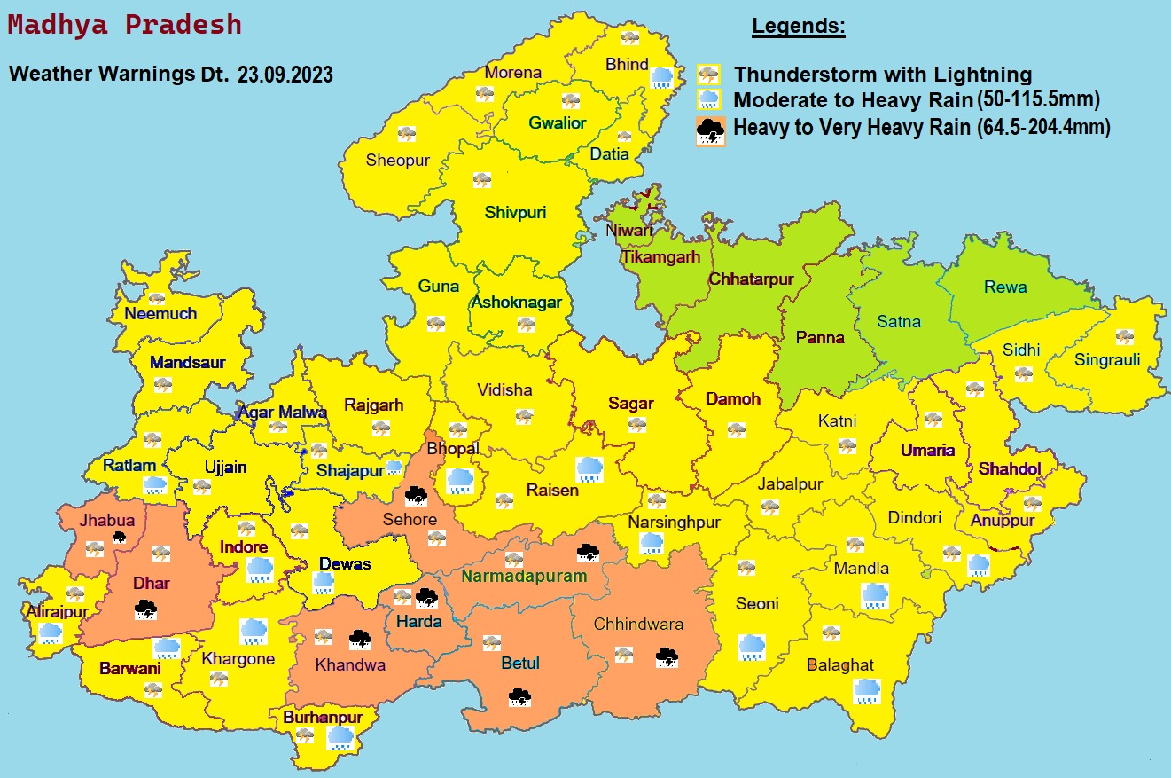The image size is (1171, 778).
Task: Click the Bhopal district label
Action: click(x=453, y=448)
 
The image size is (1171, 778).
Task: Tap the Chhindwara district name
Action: click(x=638, y=624)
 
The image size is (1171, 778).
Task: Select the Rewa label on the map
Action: click(x=1005, y=287)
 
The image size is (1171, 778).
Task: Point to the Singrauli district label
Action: click(x=1107, y=359)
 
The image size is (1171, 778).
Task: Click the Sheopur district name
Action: click(x=397, y=161)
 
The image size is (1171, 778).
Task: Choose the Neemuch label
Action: click(x=160, y=313)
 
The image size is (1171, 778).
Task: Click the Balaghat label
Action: click(x=839, y=664)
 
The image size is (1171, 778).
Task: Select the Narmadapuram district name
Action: click(x=524, y=576)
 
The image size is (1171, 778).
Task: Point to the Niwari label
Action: click(x=628, y=230)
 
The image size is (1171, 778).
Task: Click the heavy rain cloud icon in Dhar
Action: click(x=145, y=609)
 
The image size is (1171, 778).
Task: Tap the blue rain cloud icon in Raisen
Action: click(x=590, y=468)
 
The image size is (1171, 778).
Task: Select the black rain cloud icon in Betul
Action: click(x=519, y=696)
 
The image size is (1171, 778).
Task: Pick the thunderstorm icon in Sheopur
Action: click(x=406, y=133)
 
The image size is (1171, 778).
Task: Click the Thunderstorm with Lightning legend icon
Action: click(x=707, y=75)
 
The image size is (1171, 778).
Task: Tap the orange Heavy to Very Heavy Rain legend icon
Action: click(x=710, y=130)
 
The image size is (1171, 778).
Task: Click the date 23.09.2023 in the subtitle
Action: click(x=285, y=75)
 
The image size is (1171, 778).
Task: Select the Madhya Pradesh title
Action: click(x=124, y=24)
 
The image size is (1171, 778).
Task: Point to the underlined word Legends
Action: click(x=799, y=27)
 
